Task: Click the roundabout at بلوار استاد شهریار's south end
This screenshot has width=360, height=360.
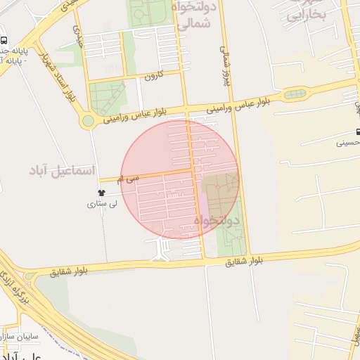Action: click(88, 121)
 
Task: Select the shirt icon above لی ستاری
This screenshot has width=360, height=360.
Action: click(102, 193)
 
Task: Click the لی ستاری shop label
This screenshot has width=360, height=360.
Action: click(101, 205)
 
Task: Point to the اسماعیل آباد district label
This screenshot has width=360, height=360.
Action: click(62, 170)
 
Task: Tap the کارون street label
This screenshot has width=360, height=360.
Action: click(154, 75)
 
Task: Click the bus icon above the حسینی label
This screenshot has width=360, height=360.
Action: click(358, 131)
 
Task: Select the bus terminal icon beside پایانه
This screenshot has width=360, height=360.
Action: click(4, 41)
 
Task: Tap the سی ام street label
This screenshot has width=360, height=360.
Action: click(129, 179)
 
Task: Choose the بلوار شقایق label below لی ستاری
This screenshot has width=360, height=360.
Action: click(67, 271)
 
